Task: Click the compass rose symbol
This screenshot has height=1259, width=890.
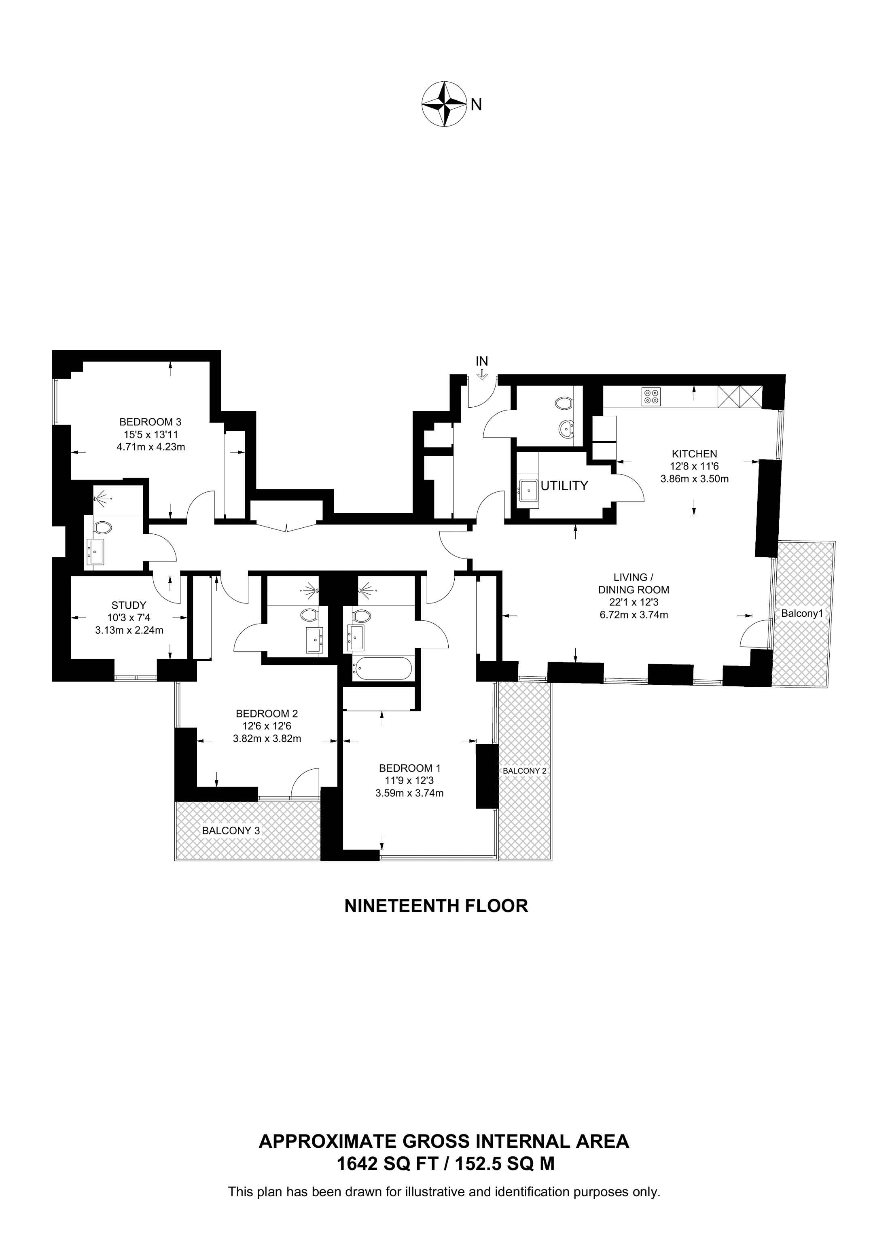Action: [443, 104]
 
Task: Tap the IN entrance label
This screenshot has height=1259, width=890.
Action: [481, 361]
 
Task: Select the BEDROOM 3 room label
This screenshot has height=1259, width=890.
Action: [150, 422]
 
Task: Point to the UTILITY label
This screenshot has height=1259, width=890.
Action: [564, 485]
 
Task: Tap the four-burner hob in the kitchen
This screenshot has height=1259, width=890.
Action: [651, 396]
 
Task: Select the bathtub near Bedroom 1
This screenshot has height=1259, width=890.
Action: [383, 669]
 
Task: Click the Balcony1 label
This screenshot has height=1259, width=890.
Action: [802, 614]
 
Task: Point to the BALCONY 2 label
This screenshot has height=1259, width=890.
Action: [524, 770]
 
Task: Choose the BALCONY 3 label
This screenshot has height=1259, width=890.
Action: [231, 830]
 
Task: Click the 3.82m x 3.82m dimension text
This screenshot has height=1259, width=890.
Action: [267, 738]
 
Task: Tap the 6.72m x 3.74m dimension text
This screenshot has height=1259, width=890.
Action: [634, 615]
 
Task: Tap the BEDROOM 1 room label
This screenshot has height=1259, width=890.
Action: [410, 768]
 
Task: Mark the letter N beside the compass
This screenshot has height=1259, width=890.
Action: [476, 104]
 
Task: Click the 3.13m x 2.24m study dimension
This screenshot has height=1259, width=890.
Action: [129, 630]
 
